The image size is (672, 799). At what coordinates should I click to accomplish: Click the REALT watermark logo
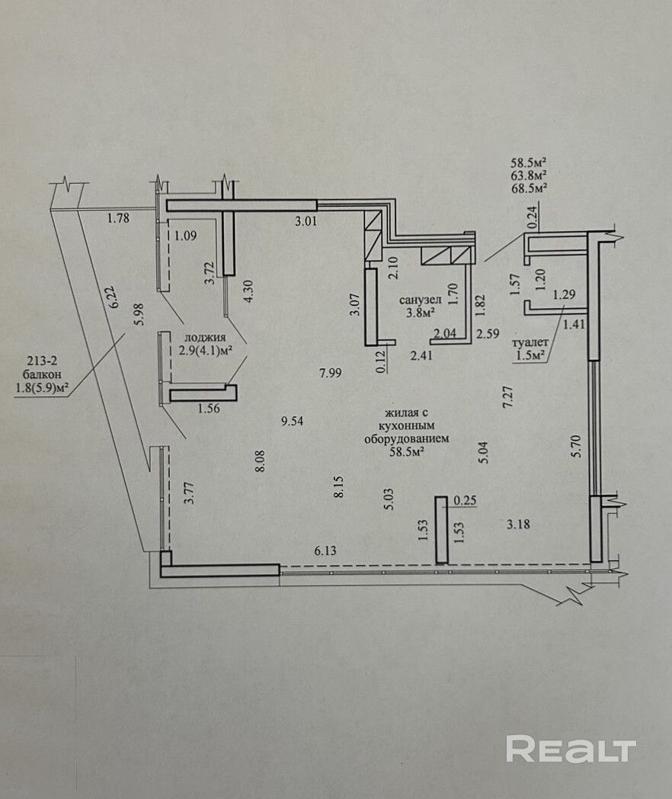[x=571, y=749]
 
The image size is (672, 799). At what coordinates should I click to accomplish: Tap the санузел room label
[x=418, y=299]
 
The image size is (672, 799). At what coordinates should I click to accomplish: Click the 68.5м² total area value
[x=530, y=187]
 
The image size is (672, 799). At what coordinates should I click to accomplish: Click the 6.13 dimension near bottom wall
[x=326, y=549]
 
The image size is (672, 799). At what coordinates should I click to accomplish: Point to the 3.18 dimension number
[x=518, y=523]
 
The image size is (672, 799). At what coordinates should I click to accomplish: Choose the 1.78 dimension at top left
[x=118, y=219]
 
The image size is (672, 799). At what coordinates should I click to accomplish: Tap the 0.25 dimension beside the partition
[x=464, y=500]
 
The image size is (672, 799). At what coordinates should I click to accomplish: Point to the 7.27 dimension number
[x=507, y=399]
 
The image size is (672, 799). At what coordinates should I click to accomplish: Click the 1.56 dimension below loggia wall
[x=208, y=409]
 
